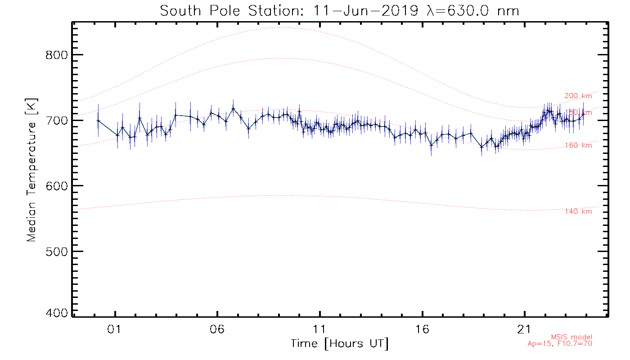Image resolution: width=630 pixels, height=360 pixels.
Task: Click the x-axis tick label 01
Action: coord(116,329)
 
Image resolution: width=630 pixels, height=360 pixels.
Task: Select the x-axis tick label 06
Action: coord(218,329)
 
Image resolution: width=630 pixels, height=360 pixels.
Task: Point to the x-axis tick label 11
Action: coord(320,329)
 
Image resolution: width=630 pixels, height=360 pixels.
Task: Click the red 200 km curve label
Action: coord(578,96)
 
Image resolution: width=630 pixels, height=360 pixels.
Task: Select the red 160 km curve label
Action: coord(578,145)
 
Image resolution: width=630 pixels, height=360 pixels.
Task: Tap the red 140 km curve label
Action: coord(578,211)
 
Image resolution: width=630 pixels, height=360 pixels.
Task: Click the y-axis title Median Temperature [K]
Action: coord(31,170)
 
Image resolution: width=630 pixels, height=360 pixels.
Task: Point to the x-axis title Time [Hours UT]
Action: coord(340,344)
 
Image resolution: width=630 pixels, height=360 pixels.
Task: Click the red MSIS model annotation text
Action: coord(571,337)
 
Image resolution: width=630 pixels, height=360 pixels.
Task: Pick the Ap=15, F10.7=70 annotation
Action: coord(560,344)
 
